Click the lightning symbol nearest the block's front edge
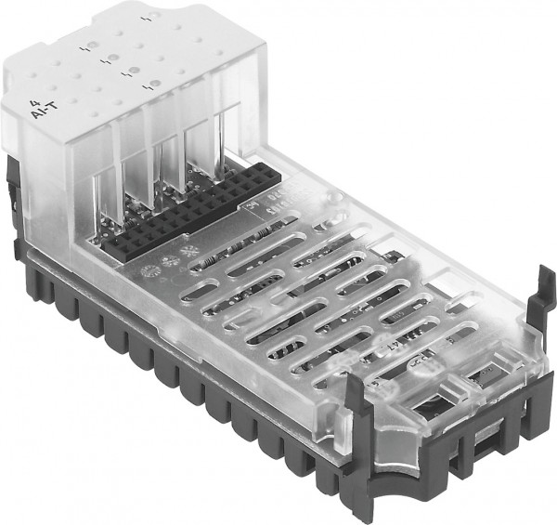pos(146,85)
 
